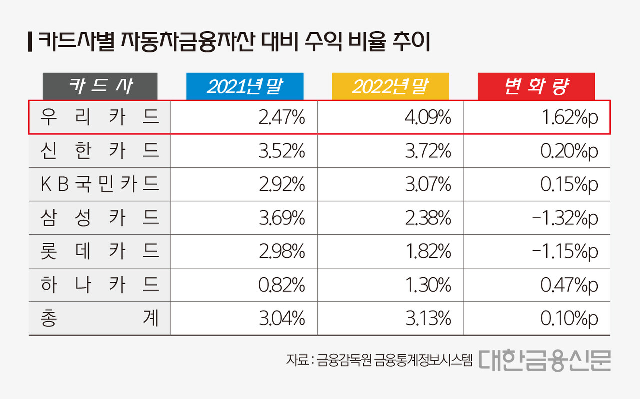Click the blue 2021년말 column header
pos(245,86)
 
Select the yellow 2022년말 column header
pos(390,86)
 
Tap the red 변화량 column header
pos(536,86)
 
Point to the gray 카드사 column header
pos(100,86)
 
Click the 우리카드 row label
pos(100,117)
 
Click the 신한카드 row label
pos(100,151)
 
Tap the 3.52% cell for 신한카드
pos(282,151)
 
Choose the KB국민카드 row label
pos(100,184)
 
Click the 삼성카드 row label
pos(100,218)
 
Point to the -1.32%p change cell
pos(566,218)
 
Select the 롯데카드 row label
pos(100,251)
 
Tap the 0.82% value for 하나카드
pos(282,285)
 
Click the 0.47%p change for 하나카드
pos(569,285)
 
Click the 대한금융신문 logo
pos(544,360)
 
